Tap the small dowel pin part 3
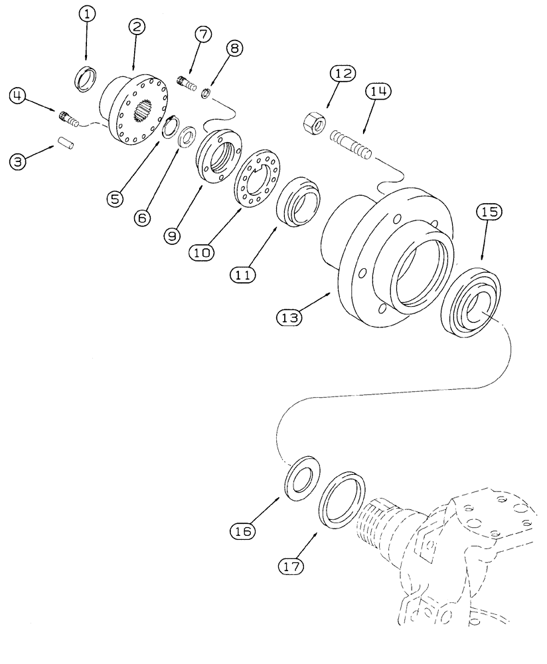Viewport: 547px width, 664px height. tap(65, 143)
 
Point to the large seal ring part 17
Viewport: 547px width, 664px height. tap(343, 499)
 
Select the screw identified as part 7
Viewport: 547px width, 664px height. tap(188, 84)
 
